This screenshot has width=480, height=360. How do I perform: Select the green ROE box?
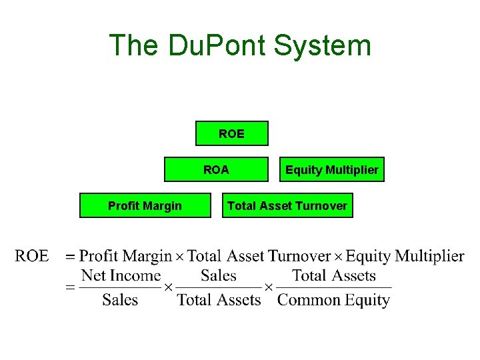tap(231, 133)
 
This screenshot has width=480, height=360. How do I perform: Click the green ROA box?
tap(216, 169)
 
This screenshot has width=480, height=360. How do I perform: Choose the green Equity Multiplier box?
tap(331, 169)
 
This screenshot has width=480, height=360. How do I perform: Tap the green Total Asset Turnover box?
tap(287, 205)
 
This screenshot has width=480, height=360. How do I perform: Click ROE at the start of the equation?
tap(32, 256)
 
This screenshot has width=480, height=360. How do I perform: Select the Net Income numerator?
tap(121, 275)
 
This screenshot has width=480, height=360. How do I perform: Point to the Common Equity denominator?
tap(333, 300)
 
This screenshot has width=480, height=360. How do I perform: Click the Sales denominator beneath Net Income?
tap(120, 300)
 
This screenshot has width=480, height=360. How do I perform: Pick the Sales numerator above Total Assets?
tap(219, 275)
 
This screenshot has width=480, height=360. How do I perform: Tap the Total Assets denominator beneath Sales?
tap(219, 300)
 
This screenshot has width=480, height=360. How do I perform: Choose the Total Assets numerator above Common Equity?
tap(333, 275)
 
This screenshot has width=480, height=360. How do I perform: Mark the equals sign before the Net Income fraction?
tap(70, 287)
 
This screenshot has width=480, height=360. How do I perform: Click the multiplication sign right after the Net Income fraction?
tap(168, 287)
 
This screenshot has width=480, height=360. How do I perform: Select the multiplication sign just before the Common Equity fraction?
tap(269, 287)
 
